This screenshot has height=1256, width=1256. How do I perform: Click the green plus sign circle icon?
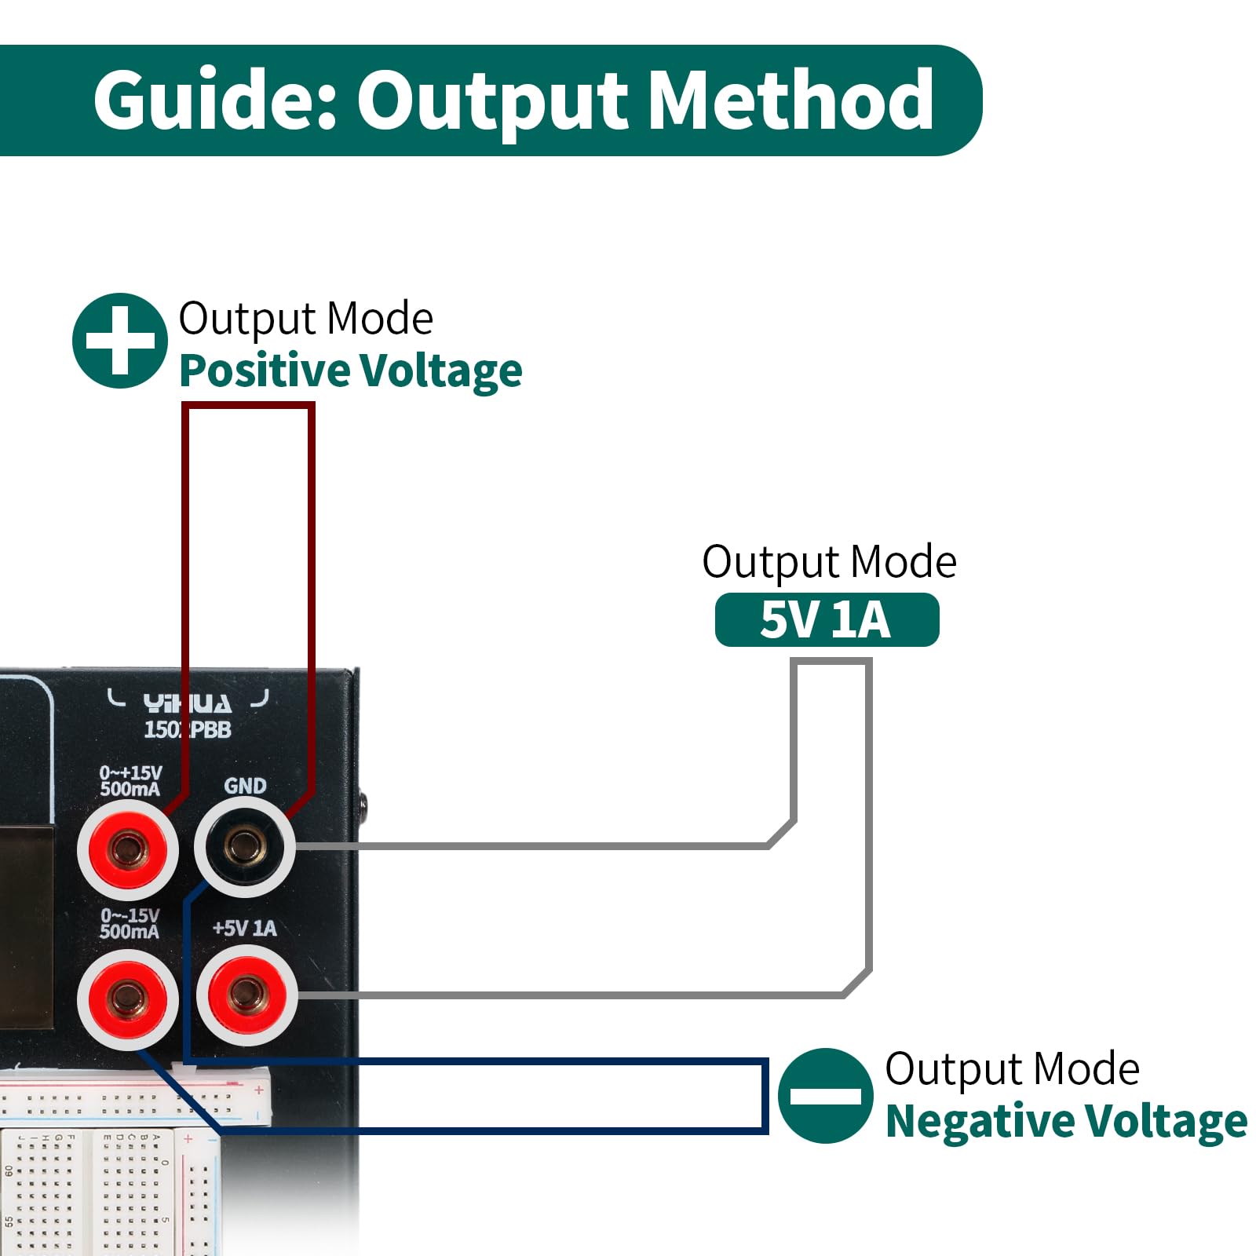coord(119,341)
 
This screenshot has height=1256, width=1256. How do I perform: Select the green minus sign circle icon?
coord(825,1095)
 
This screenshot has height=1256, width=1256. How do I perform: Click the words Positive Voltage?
coord(350,371)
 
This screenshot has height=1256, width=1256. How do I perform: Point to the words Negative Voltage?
coord(1065,1121)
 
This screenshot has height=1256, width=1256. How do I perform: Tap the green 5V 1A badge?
coord(826,620)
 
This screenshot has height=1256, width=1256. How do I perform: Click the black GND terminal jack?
coord(244,846)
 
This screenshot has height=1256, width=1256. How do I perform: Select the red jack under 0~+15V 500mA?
coord(127,849)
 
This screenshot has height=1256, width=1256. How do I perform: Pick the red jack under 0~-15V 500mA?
coord(127,998)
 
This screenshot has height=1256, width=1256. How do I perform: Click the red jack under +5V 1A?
coord(246,995)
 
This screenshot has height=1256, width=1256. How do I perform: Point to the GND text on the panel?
coord(245,786)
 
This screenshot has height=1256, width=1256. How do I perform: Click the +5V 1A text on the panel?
coord(244,929)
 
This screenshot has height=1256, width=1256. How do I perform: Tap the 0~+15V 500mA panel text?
coord(130,781)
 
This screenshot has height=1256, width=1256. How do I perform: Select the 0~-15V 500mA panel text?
coord(130,924)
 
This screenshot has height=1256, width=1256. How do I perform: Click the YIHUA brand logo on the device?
coord(188,703)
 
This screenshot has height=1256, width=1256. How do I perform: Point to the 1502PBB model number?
coord(188,730)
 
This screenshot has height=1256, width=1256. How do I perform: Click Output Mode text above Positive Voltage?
coord(305,319)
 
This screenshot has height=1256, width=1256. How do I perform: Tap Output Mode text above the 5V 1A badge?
coord(829,562)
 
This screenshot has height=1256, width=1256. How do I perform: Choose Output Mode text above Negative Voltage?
coord(1012,1069)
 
